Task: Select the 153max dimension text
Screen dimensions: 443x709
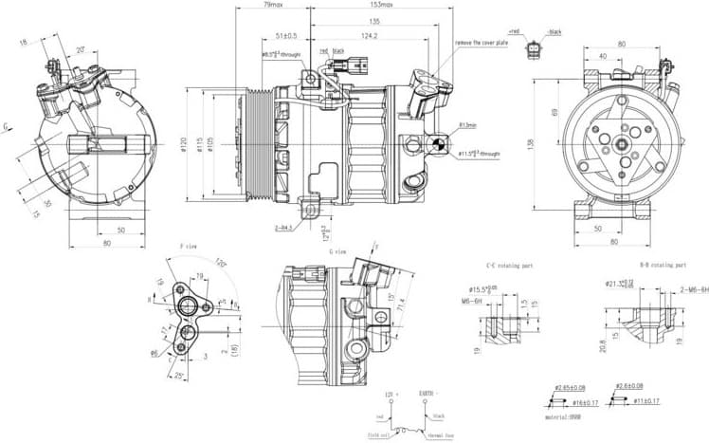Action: [x=381, y=6]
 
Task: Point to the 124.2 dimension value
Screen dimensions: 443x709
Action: [x=370, y=36]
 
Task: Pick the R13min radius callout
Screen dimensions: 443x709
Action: [x=467, y=125]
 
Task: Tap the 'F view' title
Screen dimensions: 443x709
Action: [x=188, y=247]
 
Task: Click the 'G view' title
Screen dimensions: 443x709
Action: [x=337, y=251]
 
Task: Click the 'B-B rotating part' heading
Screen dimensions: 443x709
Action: [x=663, y=266]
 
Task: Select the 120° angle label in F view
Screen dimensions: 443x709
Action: [x=220, y=263]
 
